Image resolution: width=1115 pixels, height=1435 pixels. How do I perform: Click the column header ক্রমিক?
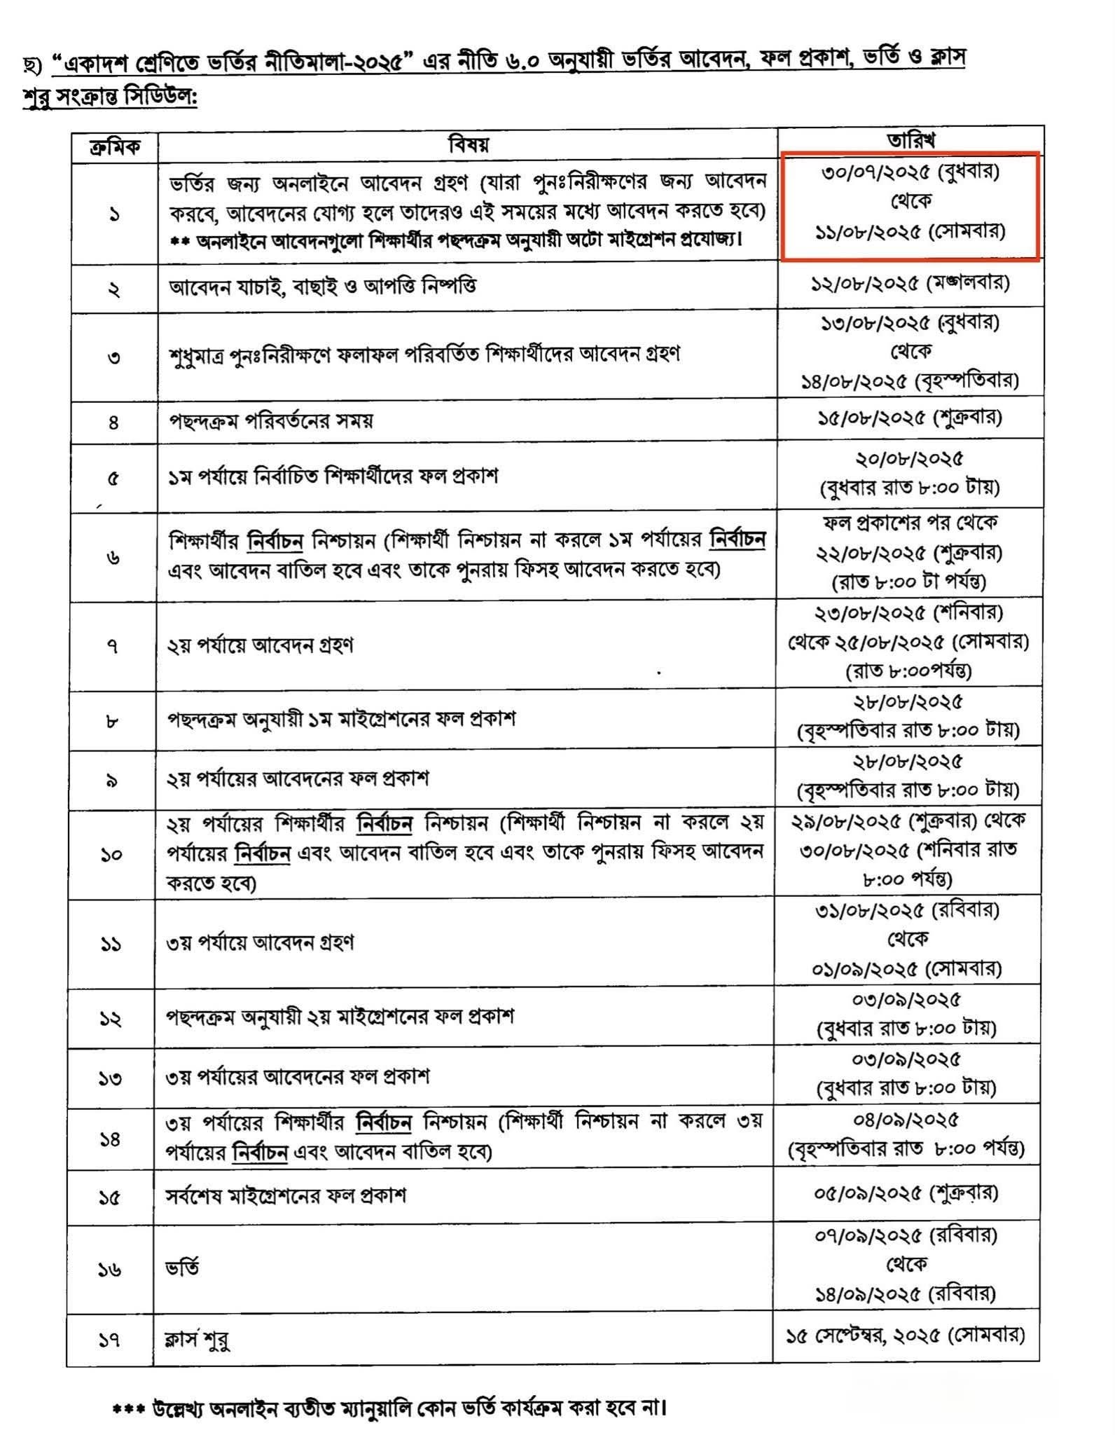[x=114, y=146]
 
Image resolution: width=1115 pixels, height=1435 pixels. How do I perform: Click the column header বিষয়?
[x=468, y=144]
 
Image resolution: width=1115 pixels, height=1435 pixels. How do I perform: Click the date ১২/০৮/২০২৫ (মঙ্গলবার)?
[x=910, y=284]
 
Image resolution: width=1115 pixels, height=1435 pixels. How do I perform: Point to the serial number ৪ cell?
[x=113, y=422]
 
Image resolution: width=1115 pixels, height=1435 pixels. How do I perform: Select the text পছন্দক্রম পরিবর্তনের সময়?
[x=270, y=420]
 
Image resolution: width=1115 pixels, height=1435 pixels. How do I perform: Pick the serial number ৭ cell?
[x=113, y=645]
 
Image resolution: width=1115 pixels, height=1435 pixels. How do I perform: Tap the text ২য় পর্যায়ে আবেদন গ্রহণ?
[x=260, y=645]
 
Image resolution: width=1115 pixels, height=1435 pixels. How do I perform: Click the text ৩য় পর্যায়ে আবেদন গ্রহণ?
[x=260, y=942]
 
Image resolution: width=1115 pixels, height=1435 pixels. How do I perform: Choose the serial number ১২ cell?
[x=111, y=1018]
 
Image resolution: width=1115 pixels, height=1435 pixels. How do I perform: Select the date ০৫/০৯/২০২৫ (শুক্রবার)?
[x=906, y=1193]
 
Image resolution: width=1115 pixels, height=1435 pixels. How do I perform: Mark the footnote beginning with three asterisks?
[x=389, y=1405]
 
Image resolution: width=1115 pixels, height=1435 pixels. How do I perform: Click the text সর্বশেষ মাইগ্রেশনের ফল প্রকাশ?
[x=286, y=1195]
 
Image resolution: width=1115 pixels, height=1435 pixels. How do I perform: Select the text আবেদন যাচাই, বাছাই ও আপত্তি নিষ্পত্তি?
[x=323, y=287]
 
